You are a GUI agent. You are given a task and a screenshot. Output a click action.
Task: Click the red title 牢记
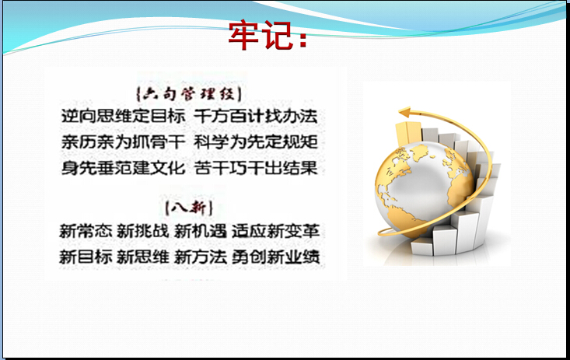268,35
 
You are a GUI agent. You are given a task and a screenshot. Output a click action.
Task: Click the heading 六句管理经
189,94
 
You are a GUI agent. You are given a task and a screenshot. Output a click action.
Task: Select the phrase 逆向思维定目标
123,116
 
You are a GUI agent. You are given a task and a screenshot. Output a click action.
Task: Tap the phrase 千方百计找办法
256,116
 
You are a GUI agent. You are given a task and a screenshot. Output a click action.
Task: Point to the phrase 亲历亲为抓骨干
123,142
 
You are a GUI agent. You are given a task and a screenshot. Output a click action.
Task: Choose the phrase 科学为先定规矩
256,142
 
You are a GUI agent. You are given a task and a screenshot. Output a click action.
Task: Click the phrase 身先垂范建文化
123,168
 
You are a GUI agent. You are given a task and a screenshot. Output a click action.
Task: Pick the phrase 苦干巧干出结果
256,168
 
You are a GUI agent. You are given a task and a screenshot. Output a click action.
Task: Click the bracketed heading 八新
189,208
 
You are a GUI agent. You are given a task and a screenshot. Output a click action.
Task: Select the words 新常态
86,231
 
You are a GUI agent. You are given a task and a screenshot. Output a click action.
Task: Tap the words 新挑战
143,231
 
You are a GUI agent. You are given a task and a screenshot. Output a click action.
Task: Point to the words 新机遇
200,231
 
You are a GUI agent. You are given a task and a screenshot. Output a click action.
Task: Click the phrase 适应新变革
275,231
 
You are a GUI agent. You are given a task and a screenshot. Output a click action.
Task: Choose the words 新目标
86,257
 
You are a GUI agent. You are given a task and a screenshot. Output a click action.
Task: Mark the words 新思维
143,257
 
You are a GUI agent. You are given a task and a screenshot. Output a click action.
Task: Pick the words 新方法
200,257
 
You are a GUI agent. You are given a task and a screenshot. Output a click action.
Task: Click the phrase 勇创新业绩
275,257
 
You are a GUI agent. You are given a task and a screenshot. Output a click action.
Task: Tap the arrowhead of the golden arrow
404,113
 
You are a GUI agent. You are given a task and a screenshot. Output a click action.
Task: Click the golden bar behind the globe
408,134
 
